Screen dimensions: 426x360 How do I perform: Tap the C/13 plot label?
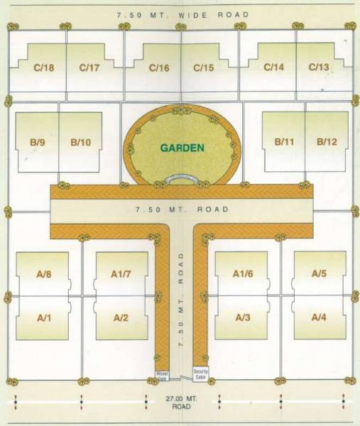[319, 67]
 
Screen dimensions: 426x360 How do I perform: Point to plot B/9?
[38, 142]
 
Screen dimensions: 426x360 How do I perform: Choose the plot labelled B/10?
[80, 142]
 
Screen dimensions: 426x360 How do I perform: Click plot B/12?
[327, 142]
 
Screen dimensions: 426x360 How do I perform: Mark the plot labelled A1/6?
[242, 273]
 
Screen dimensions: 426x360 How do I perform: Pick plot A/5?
[319, 273]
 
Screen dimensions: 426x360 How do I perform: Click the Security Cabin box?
[201, 373]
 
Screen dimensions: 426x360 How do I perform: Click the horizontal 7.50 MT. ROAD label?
[182, 209]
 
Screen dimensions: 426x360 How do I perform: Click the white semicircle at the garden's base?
[182, 179]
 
